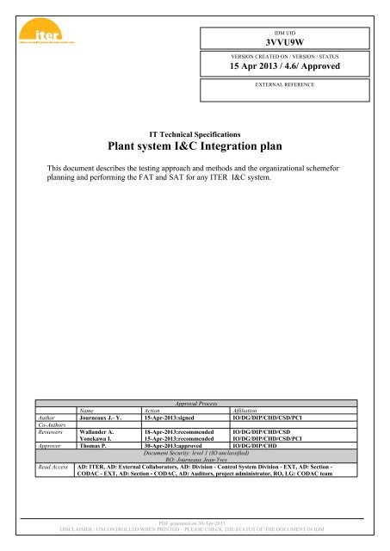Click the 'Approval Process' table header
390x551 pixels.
coord(195,402)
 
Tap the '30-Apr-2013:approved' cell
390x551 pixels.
coord(178,448)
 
